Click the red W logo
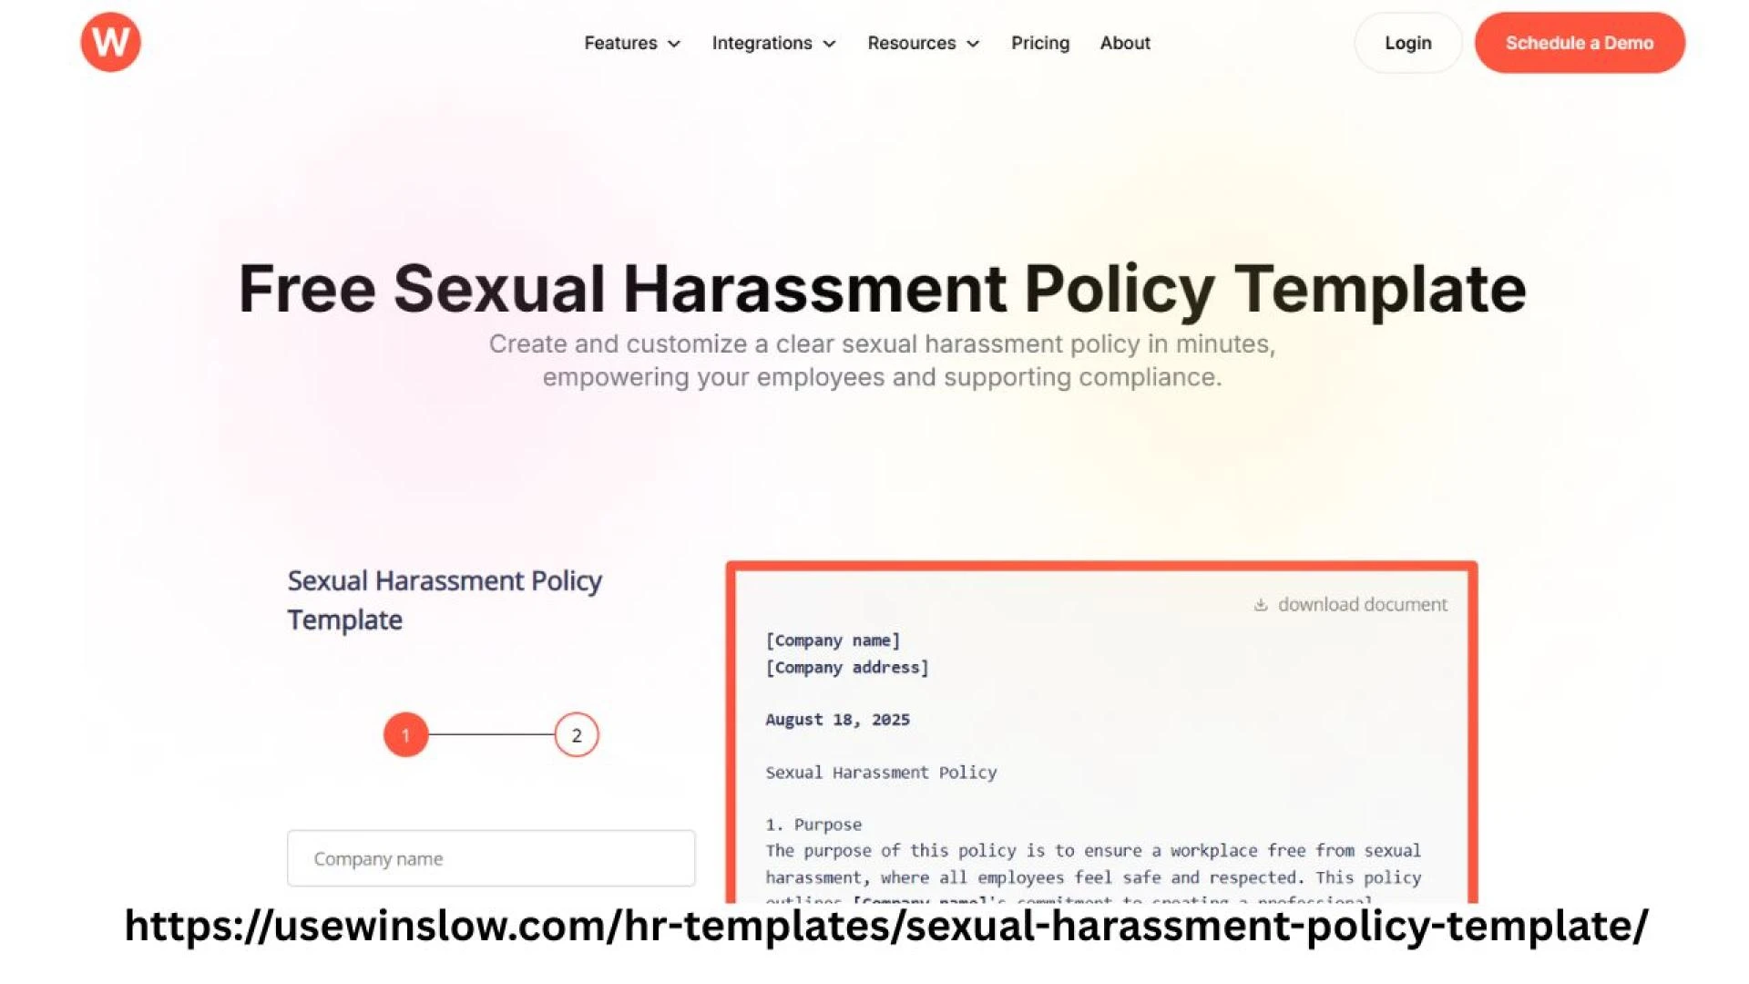110,42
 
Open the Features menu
632,43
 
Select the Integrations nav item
773,43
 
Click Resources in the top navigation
923,43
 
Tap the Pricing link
1040,43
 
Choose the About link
1125,43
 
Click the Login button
1407,43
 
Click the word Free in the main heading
307,289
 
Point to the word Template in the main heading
1379,289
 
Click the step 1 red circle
405,735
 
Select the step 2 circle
577,735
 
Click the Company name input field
491,858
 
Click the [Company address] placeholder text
847,668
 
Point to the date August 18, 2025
837,720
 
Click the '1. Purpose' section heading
813,825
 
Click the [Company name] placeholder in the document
833,641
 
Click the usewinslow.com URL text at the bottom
885,926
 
